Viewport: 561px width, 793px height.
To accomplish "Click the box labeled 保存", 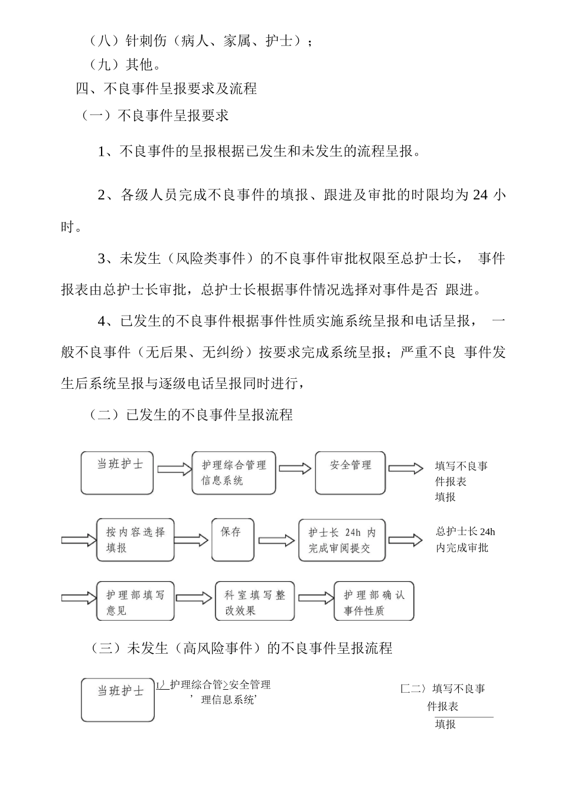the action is (x=233, y=539).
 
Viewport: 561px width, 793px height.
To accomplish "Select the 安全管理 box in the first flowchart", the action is (x=350, y=473).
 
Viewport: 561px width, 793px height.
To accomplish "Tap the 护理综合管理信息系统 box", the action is (x=234, y=473).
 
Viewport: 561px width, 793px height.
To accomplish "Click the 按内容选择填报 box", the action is (x=136, y=540).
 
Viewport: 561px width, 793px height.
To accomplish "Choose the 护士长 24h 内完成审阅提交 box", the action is (x=342, y=540).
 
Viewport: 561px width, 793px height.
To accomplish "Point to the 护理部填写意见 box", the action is (x=135, y=602).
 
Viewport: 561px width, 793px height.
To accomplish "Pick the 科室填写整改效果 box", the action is (x=255, y=602).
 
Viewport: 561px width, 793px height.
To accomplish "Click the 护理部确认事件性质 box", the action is (x=374, y=602).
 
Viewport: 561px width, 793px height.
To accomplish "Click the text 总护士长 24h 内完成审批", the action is (x=465, y=539).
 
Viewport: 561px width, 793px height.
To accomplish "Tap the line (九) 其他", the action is (x=125, y=64).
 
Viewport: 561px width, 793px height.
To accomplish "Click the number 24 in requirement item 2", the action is (x=480, y=195).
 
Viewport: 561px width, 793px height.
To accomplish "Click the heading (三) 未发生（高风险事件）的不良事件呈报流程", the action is (x=241, y=648).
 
